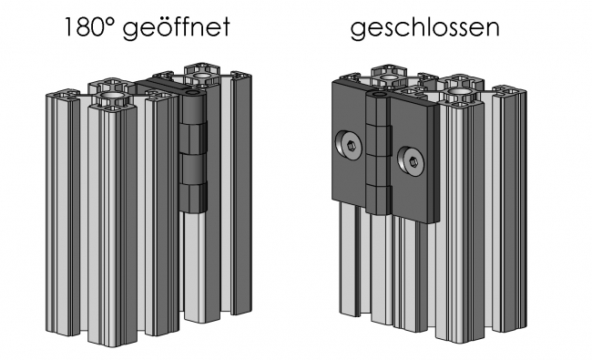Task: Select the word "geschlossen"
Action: [424, 28]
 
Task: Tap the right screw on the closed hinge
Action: [413, 162]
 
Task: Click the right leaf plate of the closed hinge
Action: [413, 159]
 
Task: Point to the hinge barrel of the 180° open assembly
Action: [192, 155]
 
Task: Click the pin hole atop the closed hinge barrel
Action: [374, 93]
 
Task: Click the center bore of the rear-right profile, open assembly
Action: [197, 69]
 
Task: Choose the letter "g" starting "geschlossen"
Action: [359, 30]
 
